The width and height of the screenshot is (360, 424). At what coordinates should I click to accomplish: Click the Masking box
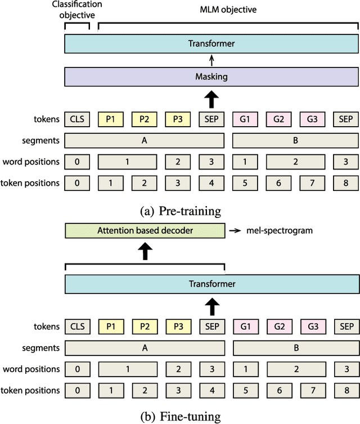point(211,77)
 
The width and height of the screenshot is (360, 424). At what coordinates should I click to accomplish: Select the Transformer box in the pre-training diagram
point(211,43)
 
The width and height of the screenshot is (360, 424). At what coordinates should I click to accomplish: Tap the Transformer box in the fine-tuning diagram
point(211,284)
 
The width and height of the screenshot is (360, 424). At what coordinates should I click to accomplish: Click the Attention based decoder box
point(145,230)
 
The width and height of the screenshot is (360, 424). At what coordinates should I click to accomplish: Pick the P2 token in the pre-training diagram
point(145,119)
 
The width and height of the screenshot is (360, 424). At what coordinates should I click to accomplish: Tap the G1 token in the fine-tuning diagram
point(245,326)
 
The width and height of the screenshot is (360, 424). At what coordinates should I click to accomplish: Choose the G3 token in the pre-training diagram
point(312,119)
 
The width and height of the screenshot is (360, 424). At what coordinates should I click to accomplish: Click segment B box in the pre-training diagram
point(295,140)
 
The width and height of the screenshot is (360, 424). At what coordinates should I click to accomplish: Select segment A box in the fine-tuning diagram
point(145,348)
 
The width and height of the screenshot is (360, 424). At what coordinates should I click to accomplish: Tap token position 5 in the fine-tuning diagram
point(245,390)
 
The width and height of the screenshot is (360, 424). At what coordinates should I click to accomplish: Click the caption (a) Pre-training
point(179,211)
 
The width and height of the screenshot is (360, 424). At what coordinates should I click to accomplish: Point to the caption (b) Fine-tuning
point(179,416)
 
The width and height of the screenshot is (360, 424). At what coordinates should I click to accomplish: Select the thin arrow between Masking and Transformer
point(211,60)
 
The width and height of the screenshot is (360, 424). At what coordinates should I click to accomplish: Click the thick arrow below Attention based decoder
point(145,251)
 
